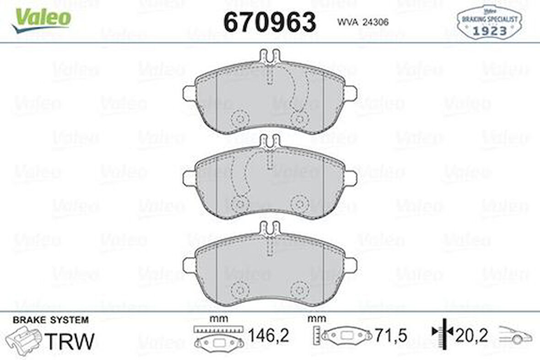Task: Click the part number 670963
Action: (x=269, y=22)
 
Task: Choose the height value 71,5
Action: (x=390, y=337)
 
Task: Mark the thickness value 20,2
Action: (x=472, y=337)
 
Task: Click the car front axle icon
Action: (x=515, y=335)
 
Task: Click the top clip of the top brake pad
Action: (x=270, y=56)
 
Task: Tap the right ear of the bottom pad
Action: (x=351, y=264)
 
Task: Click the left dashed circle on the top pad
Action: (x=239, y=119)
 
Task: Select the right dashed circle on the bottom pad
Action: (x=299, y=289)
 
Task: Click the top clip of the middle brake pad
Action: (x=270, y=141)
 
